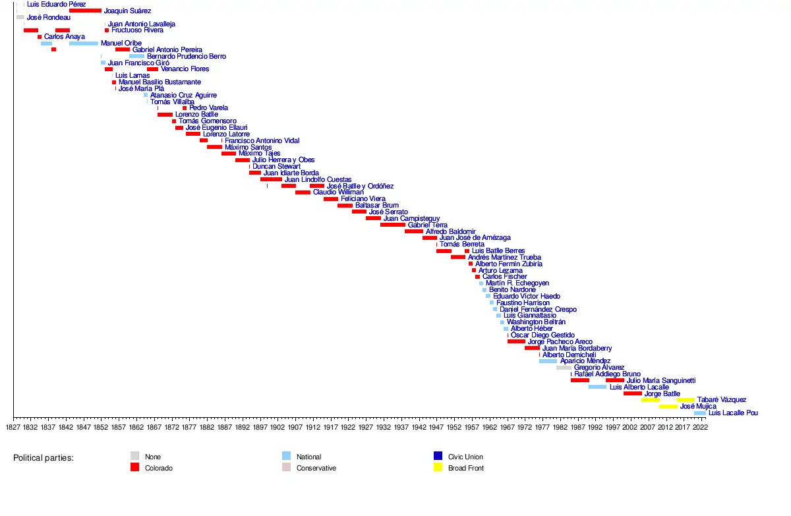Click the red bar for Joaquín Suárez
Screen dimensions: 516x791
point(85,11)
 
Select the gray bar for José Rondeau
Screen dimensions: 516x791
point(20,17)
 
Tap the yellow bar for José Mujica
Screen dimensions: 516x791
point(668,407)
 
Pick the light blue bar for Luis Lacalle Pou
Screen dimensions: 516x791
point(699,413)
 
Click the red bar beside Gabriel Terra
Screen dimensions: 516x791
point(393,225)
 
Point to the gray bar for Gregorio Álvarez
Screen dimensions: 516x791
point(564,368)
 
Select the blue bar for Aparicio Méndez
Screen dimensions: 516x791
point(548,361)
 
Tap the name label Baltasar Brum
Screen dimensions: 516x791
point(376,206)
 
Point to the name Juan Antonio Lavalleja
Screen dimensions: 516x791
point(141,24)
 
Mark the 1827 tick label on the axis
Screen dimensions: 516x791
point(13,427)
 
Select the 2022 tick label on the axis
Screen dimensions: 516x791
point(701,427)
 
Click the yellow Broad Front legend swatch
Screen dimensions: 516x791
point(438,468)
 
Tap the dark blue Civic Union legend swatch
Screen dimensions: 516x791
point(438,456)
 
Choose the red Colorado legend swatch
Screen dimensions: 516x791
point(134,468)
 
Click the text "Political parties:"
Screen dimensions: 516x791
point(44,457)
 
